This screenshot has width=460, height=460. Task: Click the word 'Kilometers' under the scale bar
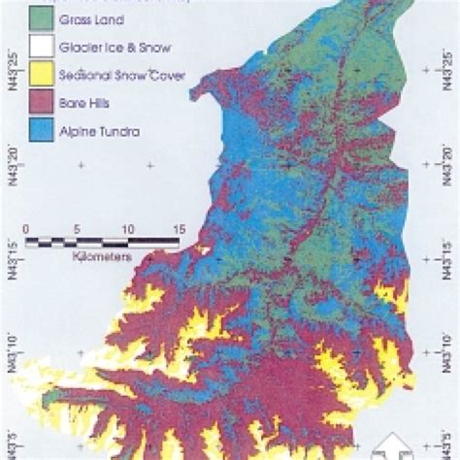(x=101, y=259)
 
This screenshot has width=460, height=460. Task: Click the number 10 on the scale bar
(x=126, y=229)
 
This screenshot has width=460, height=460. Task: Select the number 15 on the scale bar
(x=177, y=229)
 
